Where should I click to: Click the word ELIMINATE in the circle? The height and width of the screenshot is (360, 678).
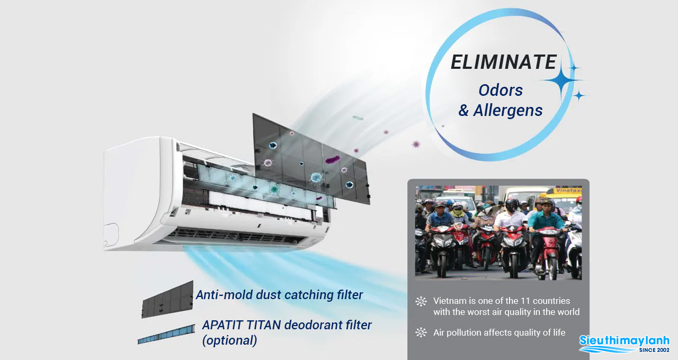tap(503, 62)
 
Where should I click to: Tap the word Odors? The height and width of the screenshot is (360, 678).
tap(501, 90)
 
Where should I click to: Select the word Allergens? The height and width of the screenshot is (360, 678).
tap(508, 111)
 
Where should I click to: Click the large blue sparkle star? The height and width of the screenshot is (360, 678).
tap(562, 80)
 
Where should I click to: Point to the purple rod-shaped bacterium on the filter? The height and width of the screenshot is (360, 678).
tap(332, 159)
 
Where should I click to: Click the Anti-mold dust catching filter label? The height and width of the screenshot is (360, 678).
tap(279, 295)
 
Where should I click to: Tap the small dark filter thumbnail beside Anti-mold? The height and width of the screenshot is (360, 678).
tap(167, 300)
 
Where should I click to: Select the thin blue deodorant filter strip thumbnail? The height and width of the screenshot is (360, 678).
tap(166, 334)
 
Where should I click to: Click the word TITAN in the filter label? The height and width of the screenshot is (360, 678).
tap(263, 325)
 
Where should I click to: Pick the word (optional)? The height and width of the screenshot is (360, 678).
tap(229, 340)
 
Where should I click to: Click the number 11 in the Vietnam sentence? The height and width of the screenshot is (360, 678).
tap(525, 301)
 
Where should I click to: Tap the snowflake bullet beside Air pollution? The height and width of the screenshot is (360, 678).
tap(421, 332)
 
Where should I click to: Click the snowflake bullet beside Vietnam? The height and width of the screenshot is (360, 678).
tap(421, 301)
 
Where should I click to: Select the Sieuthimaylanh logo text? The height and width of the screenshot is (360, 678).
tap(624, 340)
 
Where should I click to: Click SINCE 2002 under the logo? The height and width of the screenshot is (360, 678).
tap(654, 350)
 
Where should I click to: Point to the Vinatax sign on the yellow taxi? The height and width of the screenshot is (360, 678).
tap(568, 191)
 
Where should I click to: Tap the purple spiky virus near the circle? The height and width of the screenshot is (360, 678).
tap(416, 144)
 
